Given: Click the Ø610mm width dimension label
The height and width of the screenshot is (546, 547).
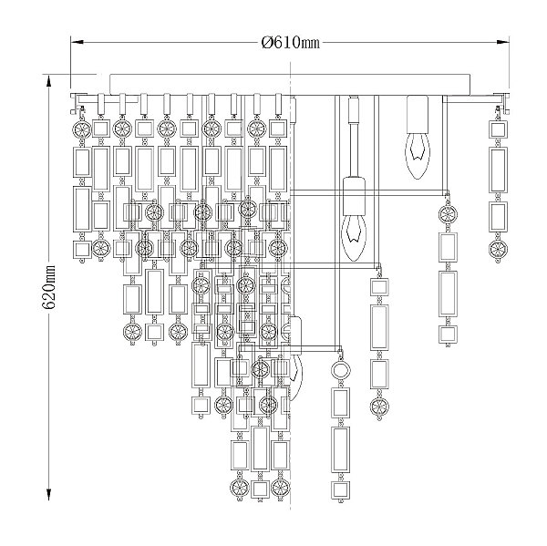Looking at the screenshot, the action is tap(290, 43).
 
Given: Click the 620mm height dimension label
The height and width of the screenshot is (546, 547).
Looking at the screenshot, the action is tap(48, 287).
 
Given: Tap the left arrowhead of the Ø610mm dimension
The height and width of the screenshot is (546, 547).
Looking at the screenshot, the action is tap(77, 42).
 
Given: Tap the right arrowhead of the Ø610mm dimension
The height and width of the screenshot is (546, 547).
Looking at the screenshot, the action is tap(502, 42).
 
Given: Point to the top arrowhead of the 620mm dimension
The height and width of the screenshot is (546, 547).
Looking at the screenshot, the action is tap(48, 81).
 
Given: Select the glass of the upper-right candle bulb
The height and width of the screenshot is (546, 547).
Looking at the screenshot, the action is tap(418, 156).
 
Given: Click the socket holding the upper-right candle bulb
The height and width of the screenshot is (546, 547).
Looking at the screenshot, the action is tap(418, 115).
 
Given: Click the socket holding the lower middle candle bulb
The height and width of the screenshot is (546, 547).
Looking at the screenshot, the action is tap(354, 196).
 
